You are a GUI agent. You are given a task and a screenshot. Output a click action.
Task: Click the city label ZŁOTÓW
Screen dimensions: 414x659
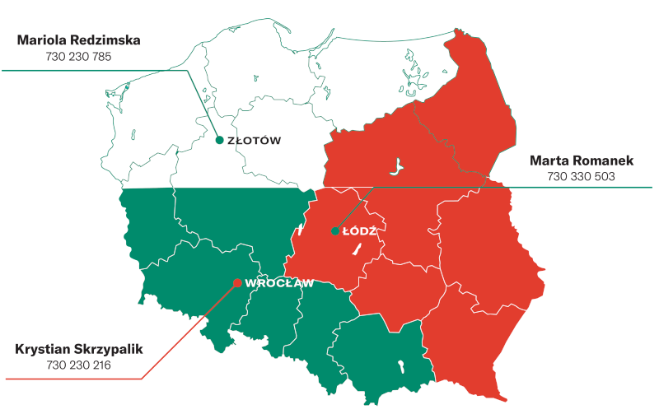pyautogui.click(x=254, y=141)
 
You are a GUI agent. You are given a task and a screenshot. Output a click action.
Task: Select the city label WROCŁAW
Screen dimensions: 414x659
pyautogui.click(x=280, y=284)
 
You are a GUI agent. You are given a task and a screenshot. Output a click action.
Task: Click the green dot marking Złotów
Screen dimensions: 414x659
pyautogui.click(x=219, y=140)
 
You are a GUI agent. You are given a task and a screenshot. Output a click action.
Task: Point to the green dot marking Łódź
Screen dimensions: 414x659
pyautogui.click(x=334, y=231)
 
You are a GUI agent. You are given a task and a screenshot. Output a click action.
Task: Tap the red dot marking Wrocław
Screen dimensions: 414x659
pyautogui.click(x=237, y=283)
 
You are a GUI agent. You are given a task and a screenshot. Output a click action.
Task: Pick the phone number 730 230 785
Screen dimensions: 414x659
pyautogui.click(x=80, y=56)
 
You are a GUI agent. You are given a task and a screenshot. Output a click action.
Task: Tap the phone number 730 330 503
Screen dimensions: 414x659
pyautogui.click(x=581, y=176)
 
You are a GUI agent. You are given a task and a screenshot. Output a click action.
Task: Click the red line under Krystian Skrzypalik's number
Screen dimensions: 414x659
pyautogui.click(x=74, y=379)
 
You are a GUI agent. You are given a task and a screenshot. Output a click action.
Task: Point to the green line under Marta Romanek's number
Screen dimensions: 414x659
pyautogui.click(x=577, y=188)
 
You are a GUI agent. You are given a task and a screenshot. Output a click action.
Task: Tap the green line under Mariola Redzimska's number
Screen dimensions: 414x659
pyautogui.click(x=82, y=70)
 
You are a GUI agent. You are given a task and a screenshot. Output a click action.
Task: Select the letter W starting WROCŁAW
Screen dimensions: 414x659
pyautogui.click(x=250, y=284)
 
